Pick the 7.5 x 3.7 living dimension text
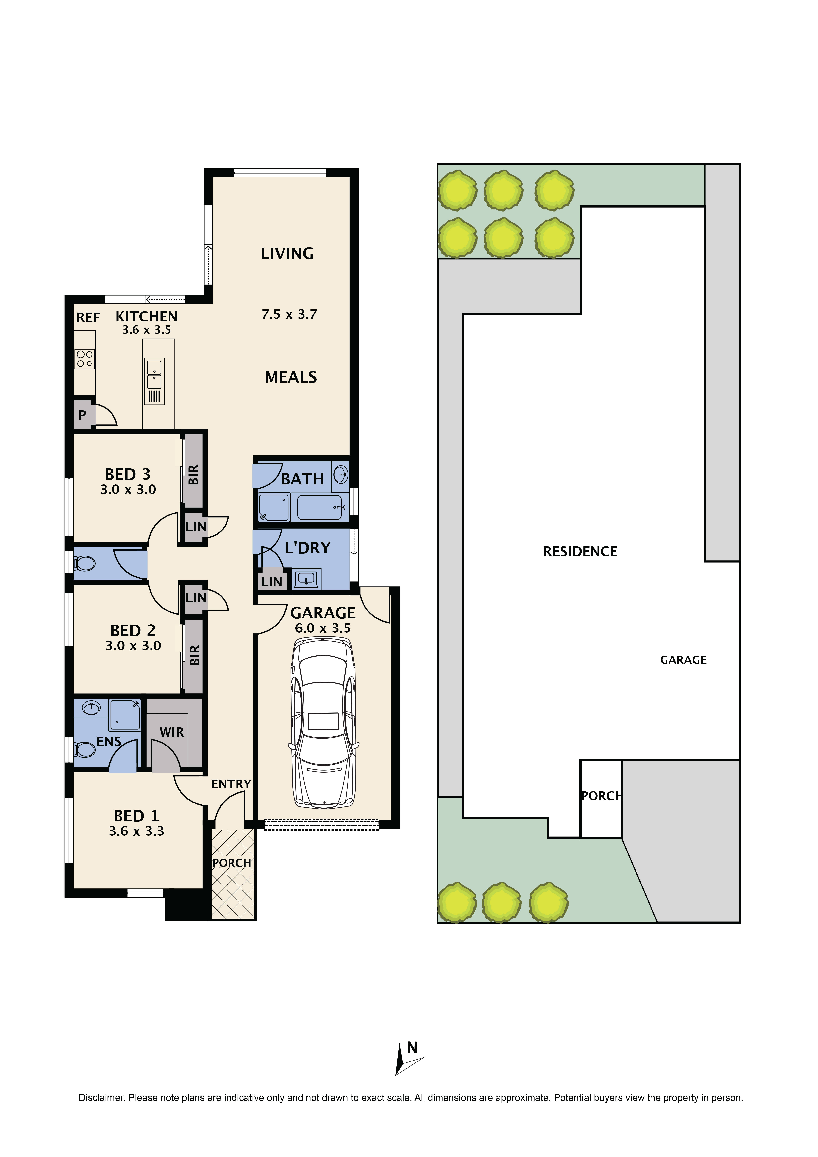click(x=289, y=314)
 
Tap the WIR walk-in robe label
click(x=172, y=732)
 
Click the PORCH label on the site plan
click(x=602, y=796)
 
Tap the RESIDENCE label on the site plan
click(x=580, y=552)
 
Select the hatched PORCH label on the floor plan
click(x=232, y=863)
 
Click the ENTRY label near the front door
click(x=231, y=784)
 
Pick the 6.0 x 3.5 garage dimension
click(x=322, y=628)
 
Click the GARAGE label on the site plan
click(x=683, y=660)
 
